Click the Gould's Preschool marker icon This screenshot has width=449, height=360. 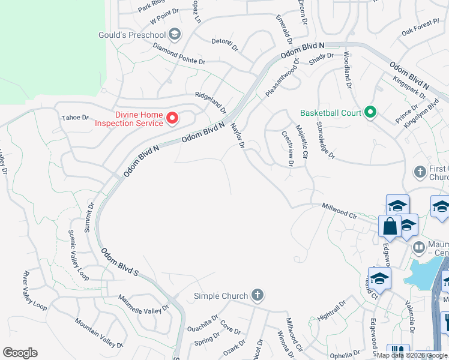click(175, 34)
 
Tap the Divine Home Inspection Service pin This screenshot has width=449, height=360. click(172, 118)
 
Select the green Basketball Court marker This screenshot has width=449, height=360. click(370, 112)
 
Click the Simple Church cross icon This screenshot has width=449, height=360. click(257, 295)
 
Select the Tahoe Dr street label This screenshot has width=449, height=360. click(75, 118)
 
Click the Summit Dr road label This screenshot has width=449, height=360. click(91, 213)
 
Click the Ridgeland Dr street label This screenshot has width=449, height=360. click(210, 100)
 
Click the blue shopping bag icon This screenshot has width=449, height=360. click(390, 226)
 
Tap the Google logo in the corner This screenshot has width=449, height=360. click(20, 353)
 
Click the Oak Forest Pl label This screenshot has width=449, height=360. click(421, 27)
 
